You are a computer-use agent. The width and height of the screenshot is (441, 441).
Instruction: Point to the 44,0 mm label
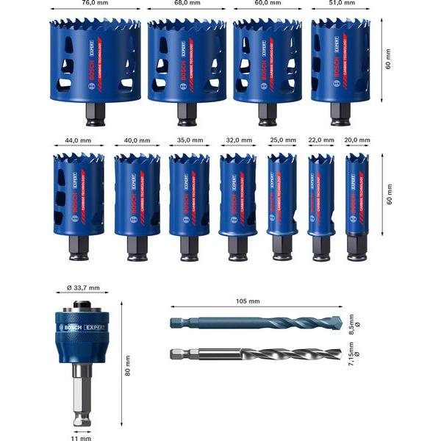point(74,140)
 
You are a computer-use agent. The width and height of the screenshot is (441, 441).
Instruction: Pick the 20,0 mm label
point(359,140)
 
